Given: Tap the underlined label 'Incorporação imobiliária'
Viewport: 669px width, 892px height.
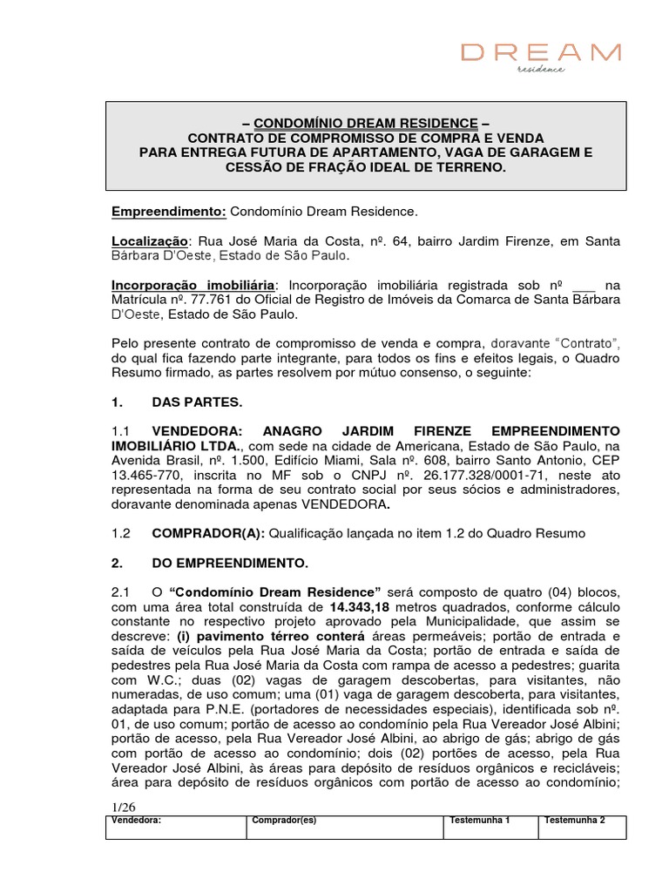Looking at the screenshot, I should coord(193,285).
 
